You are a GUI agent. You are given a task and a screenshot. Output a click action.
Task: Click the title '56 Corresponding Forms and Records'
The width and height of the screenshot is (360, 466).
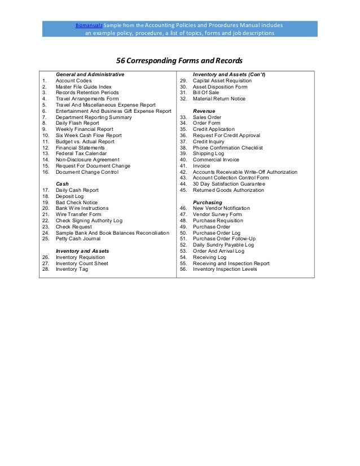click(179, 60)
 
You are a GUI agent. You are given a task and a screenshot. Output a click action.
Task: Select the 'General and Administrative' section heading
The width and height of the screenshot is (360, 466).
click(90, 74)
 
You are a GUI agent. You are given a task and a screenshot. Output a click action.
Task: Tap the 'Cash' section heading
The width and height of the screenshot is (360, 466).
click(62, 184)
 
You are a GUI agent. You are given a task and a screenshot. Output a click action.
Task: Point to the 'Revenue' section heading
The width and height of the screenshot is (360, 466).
click(204, 111)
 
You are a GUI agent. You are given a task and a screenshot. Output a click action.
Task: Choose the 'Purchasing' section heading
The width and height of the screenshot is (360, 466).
click(208, 202)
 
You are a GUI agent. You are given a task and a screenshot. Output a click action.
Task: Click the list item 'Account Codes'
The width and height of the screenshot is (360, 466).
click(74, 81)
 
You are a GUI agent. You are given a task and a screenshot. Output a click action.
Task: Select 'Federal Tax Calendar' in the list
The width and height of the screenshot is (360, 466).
click(81, 153)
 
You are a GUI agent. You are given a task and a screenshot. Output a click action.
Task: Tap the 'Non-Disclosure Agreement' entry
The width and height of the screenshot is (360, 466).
click(87, 160)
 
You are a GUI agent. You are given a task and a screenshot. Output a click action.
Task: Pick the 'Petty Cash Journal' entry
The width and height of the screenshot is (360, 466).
click(78, 239)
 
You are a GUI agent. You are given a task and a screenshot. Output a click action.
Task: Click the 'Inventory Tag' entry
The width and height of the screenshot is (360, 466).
click(72, 269)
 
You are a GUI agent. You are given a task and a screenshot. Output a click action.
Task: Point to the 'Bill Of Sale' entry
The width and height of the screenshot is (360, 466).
click(205, 93)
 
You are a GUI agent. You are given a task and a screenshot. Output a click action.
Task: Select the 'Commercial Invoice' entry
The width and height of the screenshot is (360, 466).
click(216, 160)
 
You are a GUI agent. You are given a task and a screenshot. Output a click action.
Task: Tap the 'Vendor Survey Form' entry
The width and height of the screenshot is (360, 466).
click(217, 214)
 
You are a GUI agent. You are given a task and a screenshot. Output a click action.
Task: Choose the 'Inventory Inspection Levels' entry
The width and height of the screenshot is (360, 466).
click(225, 269)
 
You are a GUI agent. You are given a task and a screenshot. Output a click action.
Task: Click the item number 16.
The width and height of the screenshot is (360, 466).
click(45, 172)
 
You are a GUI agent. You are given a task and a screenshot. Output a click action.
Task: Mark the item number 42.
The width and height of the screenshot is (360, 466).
click(183, 172)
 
